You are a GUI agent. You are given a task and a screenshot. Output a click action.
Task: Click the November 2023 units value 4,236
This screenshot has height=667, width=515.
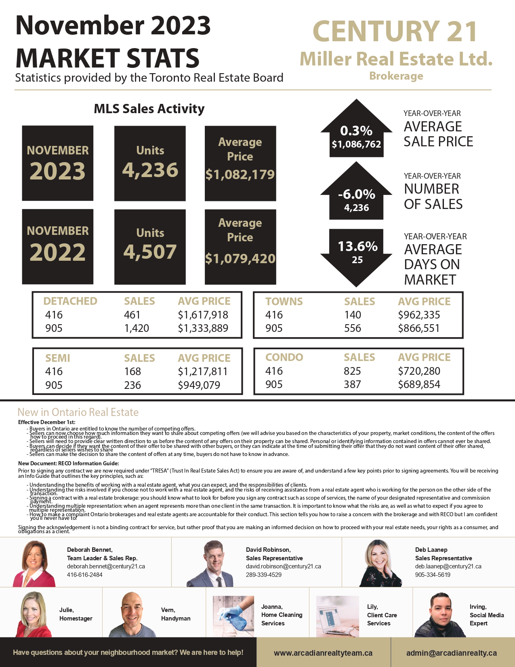click(x=150, y=170)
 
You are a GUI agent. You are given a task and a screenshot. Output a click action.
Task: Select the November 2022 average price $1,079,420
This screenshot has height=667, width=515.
click(x=240, y=258)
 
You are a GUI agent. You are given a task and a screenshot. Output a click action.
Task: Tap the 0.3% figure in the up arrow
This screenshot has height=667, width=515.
click(x=356, y=131)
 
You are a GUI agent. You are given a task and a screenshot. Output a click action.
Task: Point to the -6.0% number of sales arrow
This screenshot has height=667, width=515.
click(x=356, y=194)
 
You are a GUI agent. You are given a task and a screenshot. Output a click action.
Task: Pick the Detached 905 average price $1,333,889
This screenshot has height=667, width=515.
click(x=203, y=328)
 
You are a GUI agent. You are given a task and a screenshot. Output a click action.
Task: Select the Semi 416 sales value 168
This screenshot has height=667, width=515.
click(x=132, y=371)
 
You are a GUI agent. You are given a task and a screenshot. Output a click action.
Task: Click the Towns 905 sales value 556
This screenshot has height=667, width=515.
click(x=353, y=328)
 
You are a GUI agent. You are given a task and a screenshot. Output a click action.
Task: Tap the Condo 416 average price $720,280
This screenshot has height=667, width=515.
click(x=419, y=371)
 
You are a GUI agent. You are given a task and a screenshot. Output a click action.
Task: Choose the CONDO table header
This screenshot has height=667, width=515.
click(x=284, y=357)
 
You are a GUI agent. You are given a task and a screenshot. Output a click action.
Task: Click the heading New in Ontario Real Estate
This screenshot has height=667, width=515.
click(x=78, y=412)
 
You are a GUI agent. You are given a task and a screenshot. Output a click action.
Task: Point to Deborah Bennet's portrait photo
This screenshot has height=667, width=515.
click(x=34, y=564)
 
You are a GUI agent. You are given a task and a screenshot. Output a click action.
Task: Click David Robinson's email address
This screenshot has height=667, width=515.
click(x=283, y=566)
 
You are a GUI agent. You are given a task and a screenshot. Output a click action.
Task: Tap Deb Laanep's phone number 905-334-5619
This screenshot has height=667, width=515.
click(x=433, y=575)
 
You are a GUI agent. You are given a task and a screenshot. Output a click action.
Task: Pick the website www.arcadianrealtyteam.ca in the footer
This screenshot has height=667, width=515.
click(x=323, y=653)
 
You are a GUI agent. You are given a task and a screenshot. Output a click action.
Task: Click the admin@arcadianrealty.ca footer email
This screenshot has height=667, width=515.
click(x=452, y=653)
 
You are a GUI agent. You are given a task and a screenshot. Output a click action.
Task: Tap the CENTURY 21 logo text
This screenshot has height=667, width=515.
click(x=395, y=32)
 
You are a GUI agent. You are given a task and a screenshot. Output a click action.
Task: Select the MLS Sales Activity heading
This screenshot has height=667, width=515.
click(x=149, y=109)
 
